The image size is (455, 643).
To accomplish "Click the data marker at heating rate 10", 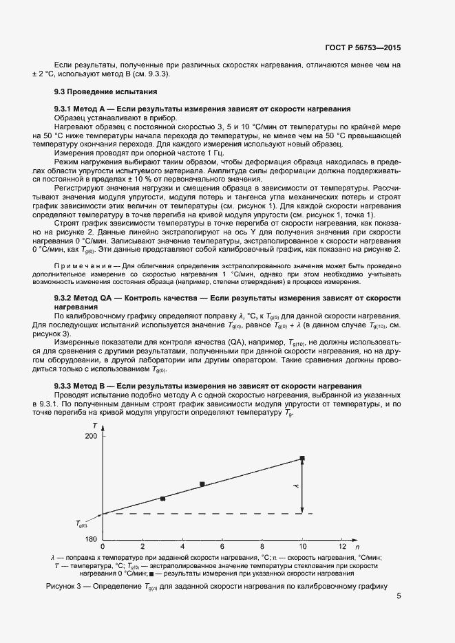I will [x=301, y=458].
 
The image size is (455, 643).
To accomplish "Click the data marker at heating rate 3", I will [x=163, y=499].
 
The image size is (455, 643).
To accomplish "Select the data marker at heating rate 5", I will [x=202, y=484].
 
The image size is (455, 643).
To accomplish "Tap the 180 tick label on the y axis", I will [x=91, y=539].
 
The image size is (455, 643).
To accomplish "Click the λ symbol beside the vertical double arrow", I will [x=294, y=486].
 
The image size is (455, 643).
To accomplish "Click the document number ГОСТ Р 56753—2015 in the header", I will [x=363, y=48].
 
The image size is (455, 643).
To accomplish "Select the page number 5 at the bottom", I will [x=399, y=597].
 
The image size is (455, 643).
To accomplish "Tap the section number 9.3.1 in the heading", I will [x=65, y=109].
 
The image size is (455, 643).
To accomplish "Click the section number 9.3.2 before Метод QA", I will [x=65, y=298].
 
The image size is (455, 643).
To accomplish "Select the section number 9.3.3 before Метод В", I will [x=65, y=386].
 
